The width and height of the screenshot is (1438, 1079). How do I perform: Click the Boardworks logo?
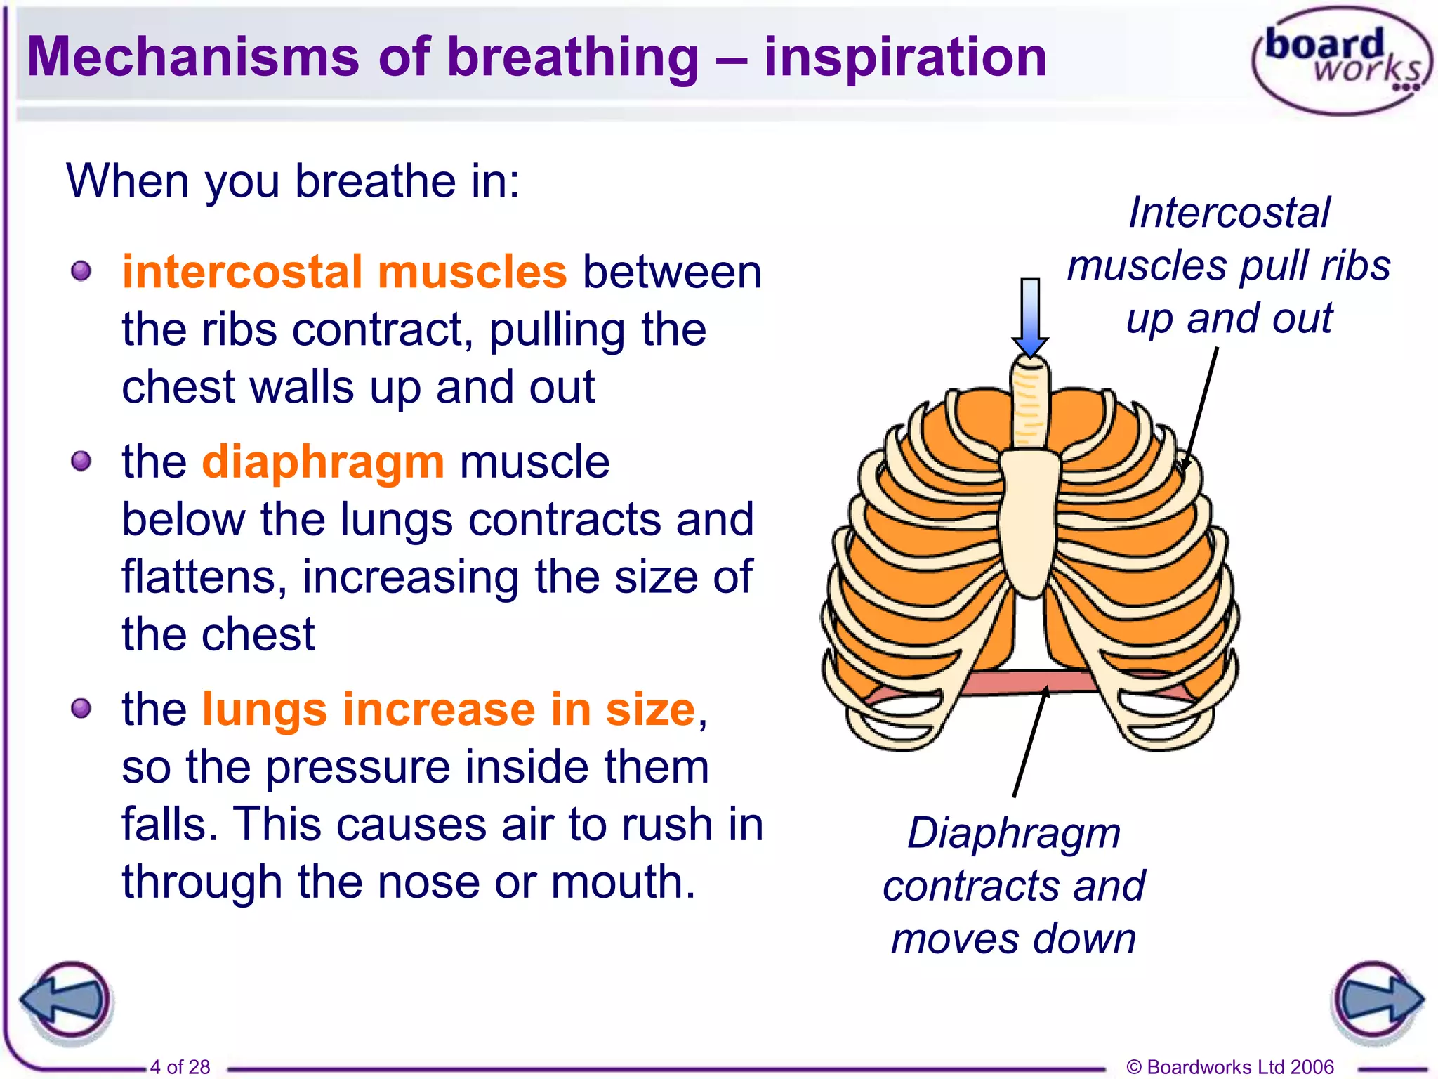pos(1341,60)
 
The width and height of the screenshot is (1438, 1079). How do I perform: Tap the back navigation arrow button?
pos(67,1000)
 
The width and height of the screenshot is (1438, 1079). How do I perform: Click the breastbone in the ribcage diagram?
pos(1030,520)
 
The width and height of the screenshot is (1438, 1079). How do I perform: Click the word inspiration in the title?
pos(906,58)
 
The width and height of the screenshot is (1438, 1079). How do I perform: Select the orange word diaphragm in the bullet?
pos(323,462)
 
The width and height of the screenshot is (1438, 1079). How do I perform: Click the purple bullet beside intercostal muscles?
pos(81,271)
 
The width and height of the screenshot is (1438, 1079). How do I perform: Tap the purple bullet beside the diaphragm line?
pos(81,462)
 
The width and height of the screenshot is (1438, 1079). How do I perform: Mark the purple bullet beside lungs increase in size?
pos(81,709)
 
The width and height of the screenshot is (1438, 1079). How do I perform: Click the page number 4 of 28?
pos(180,1066)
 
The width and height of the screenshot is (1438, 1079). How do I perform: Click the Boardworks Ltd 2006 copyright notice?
pos(1229,1066)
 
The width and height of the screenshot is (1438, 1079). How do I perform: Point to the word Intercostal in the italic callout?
pos(1229,212)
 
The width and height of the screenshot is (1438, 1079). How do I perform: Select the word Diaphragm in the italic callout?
pos(1014,833)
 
